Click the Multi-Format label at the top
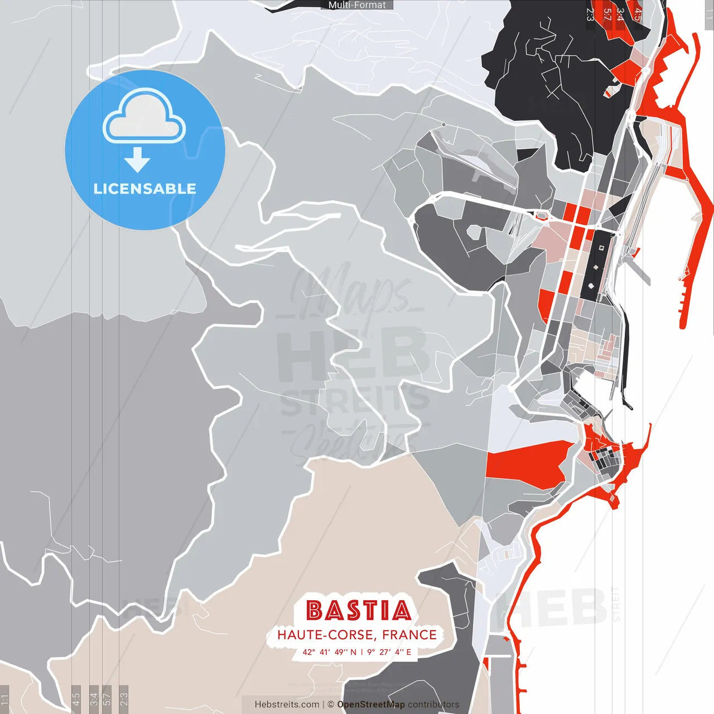click(x=357, y=5)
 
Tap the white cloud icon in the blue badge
click(x=144, y=118)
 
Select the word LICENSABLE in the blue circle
click(x=144, y=189)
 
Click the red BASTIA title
click(x=358, y=610)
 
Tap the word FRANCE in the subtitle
click(x=409, y=635)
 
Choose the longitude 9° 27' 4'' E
click(x=389, y=652)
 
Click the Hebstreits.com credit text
click(x=287, y=705)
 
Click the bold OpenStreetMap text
click(x=370, y=705)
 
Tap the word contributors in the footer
click(x=433, y=705)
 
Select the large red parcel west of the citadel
click(x=524, y=463)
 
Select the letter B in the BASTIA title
click(x=315, y=610)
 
